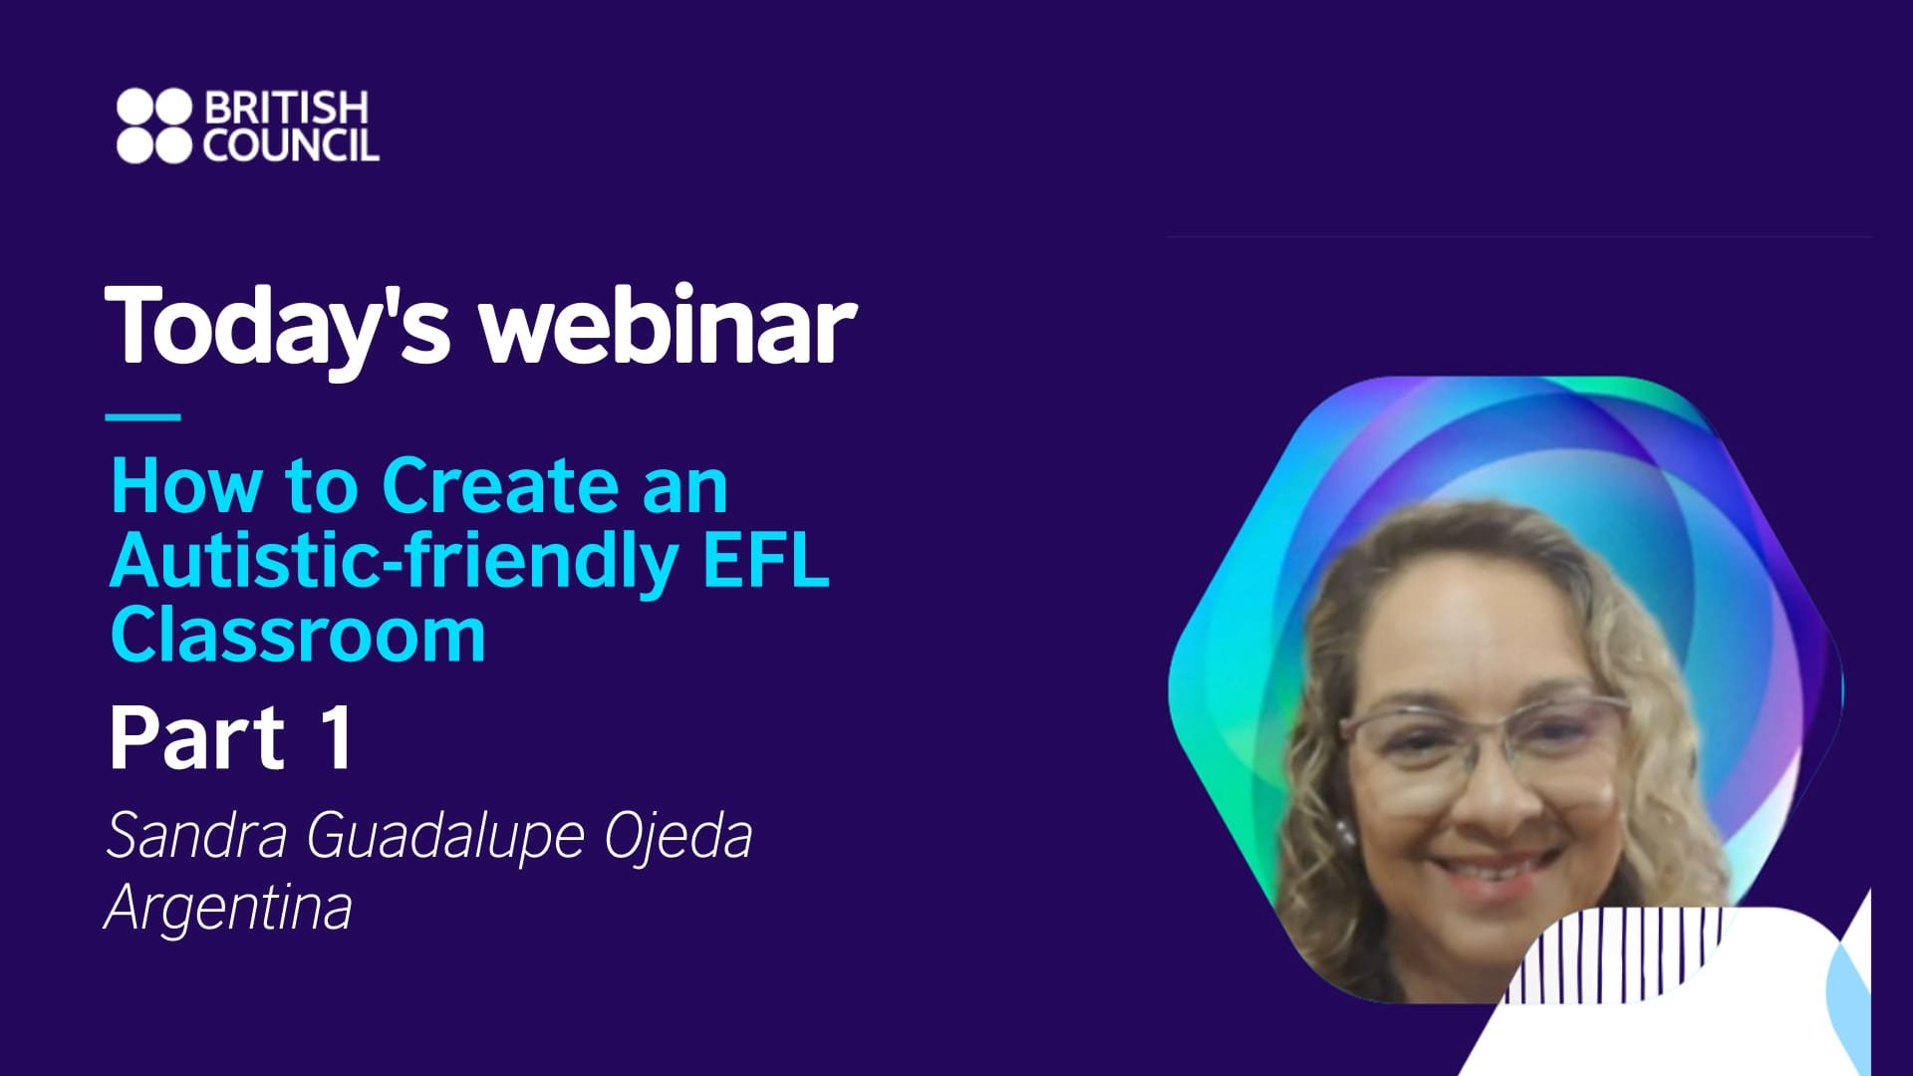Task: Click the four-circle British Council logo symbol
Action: click(x=152, y=126)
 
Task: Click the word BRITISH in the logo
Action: click(x=286, y=108)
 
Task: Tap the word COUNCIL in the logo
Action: click(x=291, y=145)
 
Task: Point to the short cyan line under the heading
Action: click(x=142, y=416)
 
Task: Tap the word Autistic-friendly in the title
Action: click(x=394, y=560)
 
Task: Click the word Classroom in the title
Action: click(x=298, y=635)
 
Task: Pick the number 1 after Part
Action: click(x=337, y=738)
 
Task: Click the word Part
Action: click(x=197, y=738)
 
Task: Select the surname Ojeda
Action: click(x=679, y=835)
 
